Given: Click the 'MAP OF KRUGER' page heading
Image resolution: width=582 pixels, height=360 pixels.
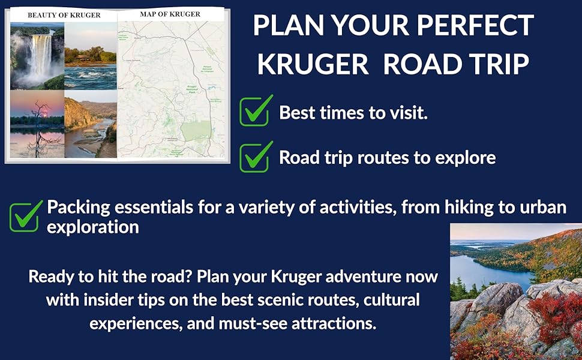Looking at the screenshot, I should [170, 14].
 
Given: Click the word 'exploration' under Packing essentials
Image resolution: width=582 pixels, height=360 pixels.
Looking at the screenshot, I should [93, 227].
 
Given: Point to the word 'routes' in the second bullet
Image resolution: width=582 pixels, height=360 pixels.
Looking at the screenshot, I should [395, 157].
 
